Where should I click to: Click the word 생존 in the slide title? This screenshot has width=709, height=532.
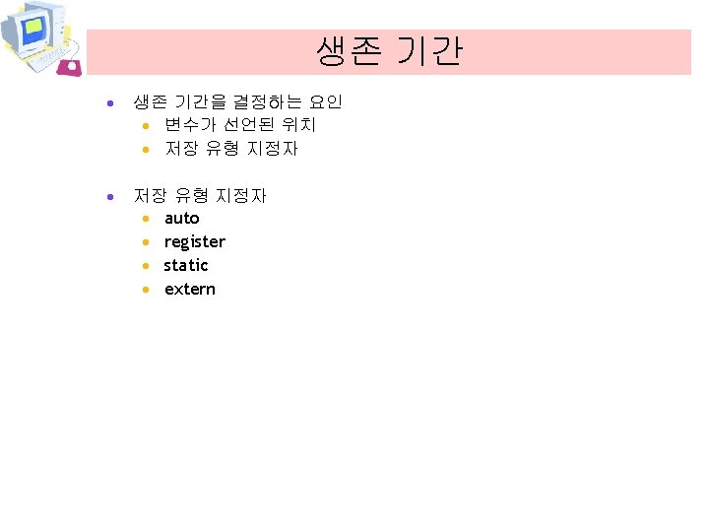[348, 51]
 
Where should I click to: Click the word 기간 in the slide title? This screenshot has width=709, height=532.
[429, 51]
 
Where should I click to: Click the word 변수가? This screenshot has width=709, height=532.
[185, 125]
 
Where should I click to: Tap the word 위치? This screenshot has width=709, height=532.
[299, 125]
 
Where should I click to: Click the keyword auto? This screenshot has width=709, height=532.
[181, 218]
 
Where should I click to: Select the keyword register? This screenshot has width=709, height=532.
[194, 242]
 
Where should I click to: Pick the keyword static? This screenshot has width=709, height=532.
[186, 265]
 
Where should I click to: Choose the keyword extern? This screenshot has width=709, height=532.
[189, 289]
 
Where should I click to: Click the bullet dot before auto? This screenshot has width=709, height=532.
[145, 219]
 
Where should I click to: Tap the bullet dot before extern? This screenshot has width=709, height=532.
[145, 290]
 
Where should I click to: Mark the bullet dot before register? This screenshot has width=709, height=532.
[145, 242]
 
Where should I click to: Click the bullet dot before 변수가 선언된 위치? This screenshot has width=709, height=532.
[145, 126]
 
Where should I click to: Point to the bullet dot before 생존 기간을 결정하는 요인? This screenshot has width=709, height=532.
[114, 102]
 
